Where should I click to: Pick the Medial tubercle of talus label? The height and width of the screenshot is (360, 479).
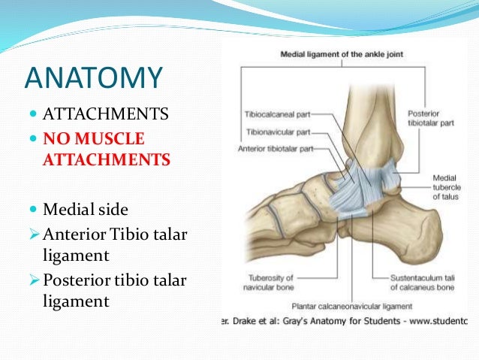[444, 187]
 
